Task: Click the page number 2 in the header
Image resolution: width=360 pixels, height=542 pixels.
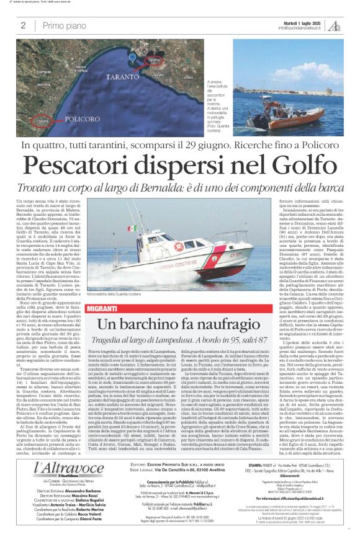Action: pos(23,25)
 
